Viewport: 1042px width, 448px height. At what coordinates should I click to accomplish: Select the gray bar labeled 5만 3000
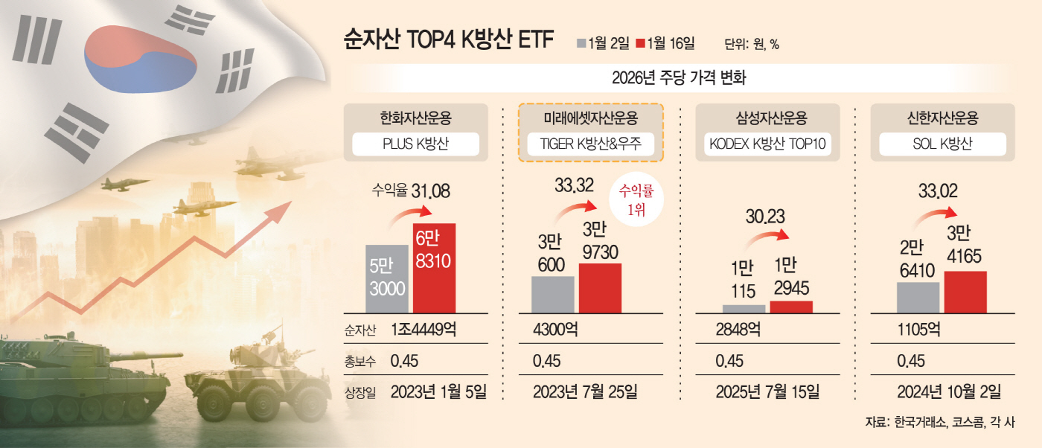coord(386,278)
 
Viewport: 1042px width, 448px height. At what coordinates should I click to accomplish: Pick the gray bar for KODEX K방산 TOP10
coord(744,308)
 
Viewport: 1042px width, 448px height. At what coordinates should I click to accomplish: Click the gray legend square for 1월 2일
coord(581,44)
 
